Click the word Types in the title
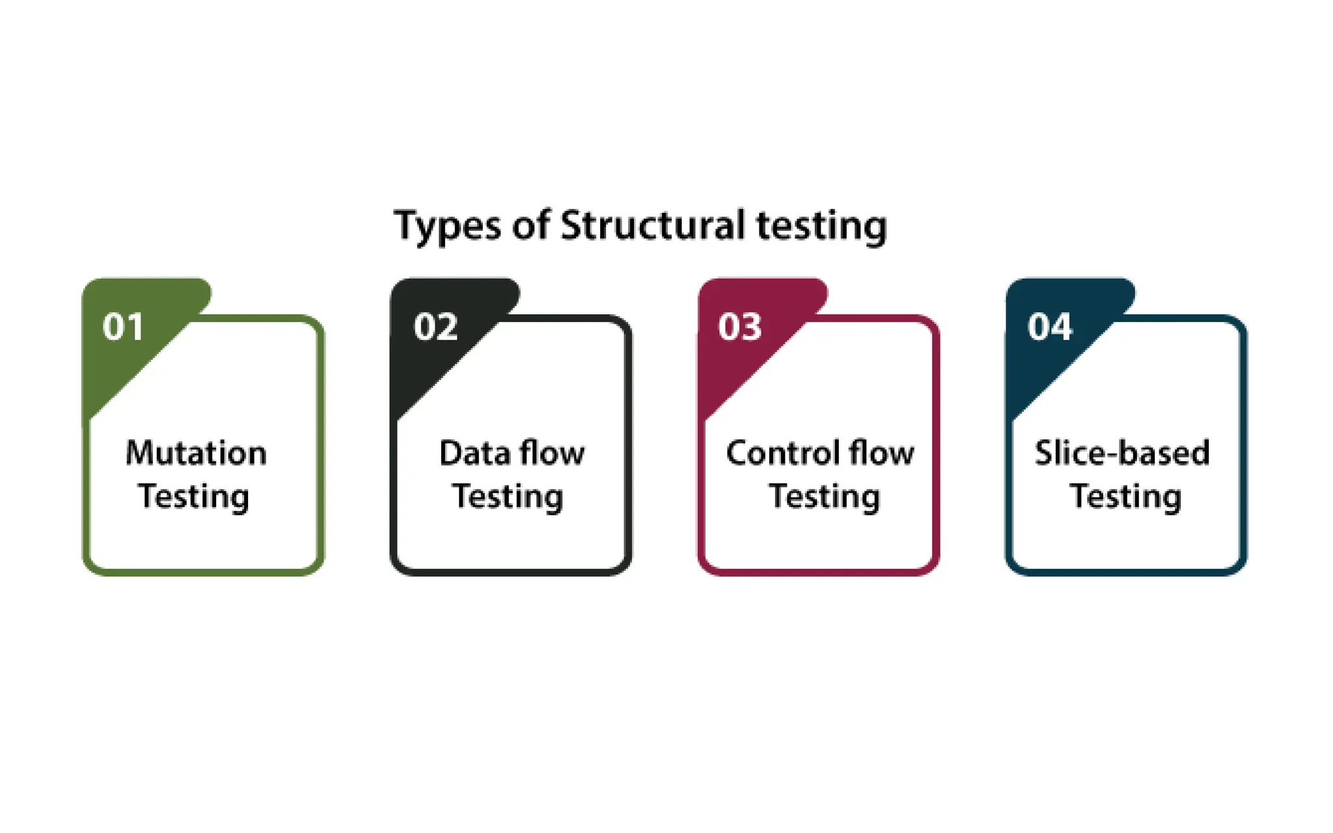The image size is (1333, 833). [447, 226]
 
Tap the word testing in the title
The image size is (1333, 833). [821, 226]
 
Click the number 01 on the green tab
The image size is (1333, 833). [122, 327]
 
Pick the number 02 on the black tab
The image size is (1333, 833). [435, 327]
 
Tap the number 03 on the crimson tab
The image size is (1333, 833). [739, 327]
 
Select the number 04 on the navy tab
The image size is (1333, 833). [1049, 327]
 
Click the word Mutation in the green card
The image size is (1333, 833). [196, 453]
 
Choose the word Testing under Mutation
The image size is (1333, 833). [193, 497]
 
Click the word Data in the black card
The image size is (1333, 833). [474, 453]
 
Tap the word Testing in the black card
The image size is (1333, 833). [508, 497]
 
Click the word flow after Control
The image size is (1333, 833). [881, 453]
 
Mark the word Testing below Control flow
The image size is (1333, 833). [824, 497]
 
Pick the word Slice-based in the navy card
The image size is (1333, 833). [1122, 453]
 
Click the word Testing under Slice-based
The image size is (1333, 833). [1125, 497]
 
